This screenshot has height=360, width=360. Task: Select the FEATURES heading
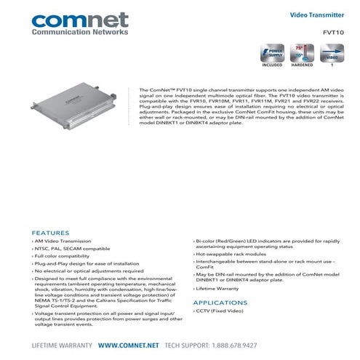pyautogui.click(x=50, y=233)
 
